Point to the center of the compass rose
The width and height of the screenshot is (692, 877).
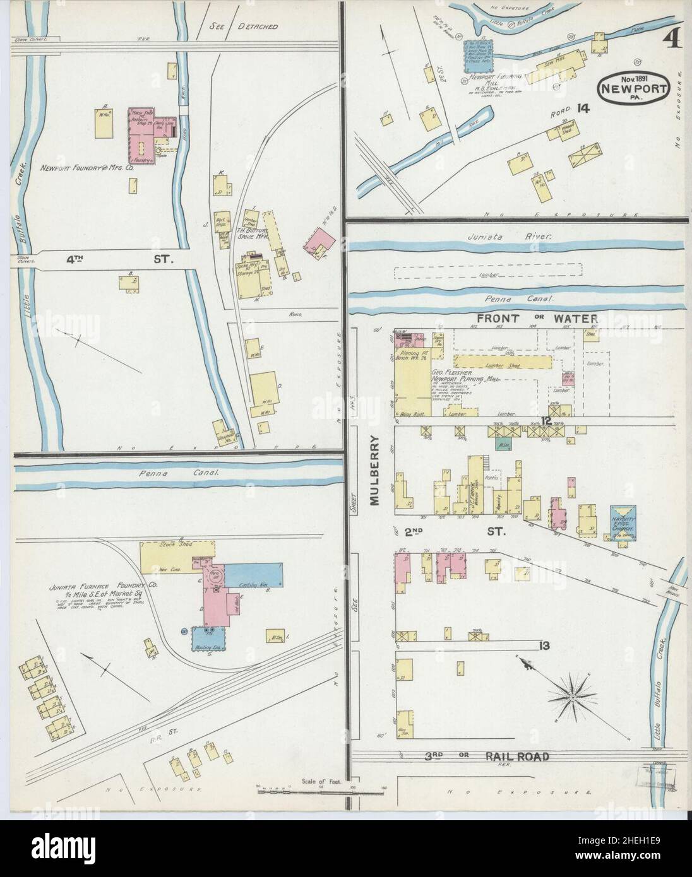pos(572,696)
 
